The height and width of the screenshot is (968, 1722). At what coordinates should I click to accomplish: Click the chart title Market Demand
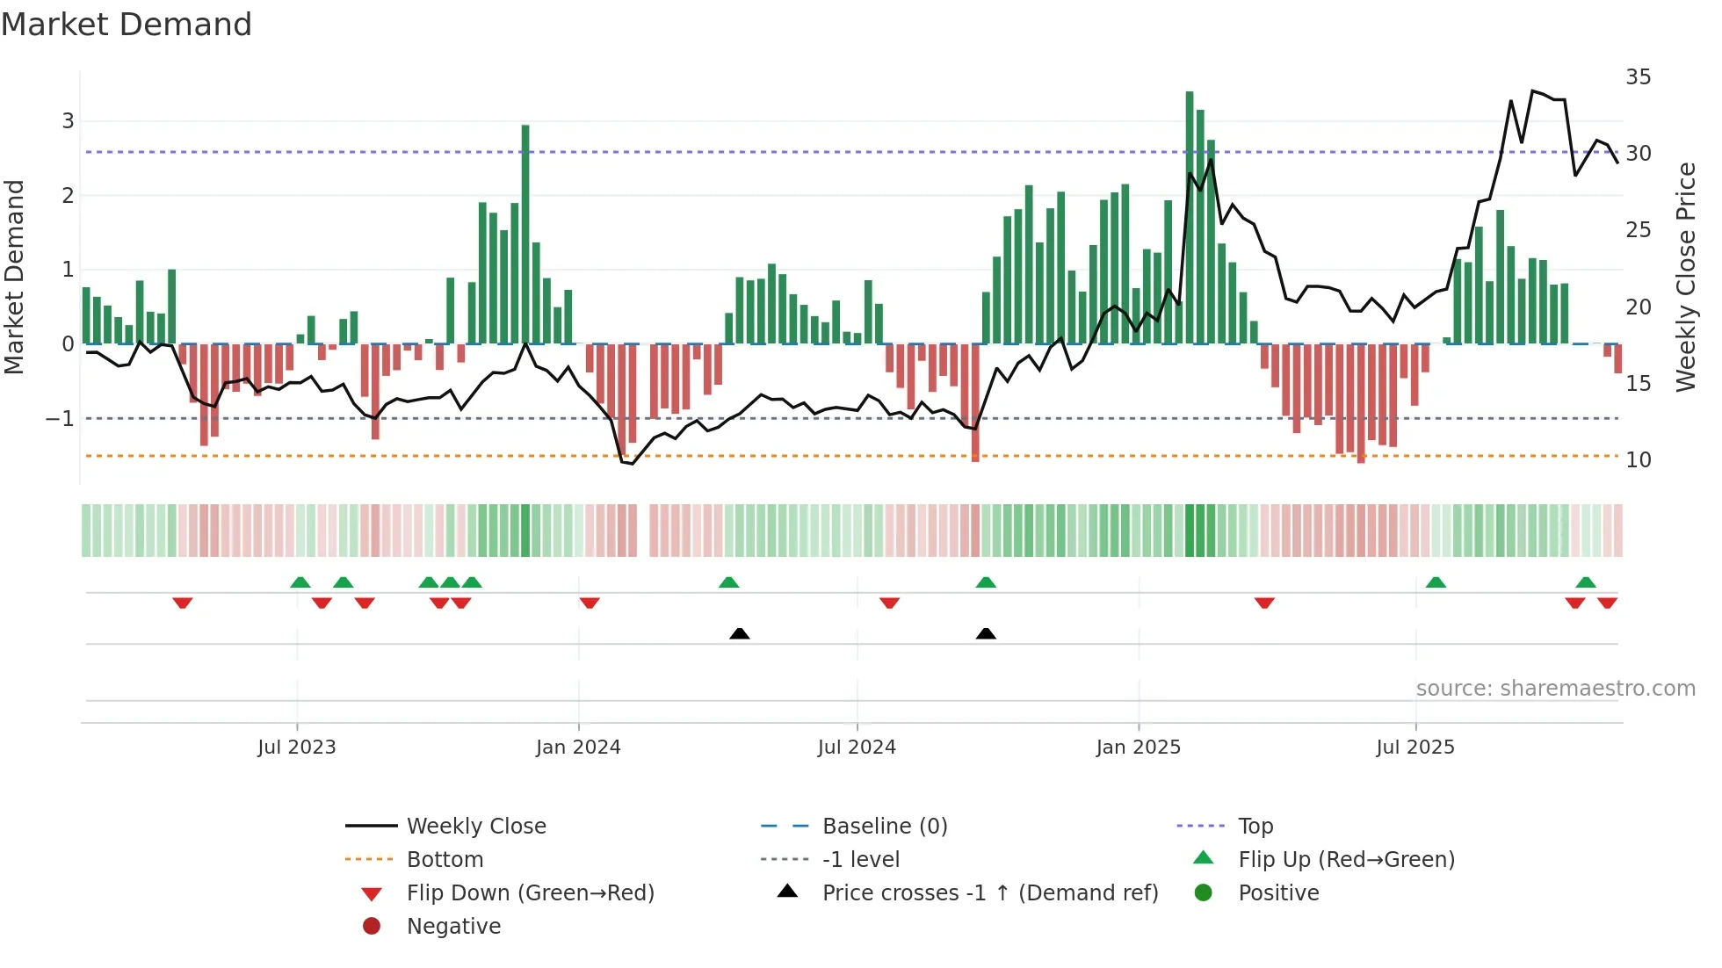click(127, 25)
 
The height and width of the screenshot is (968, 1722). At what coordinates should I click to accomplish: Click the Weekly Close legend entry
click(475, 826)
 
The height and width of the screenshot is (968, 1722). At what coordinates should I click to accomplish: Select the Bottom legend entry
click(445, 859)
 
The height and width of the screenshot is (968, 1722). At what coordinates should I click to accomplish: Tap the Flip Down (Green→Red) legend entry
click(530, 892)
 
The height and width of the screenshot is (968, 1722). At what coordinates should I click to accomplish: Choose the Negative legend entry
click(453, 926)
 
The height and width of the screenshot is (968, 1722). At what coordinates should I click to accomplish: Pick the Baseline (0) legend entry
click(884, 826)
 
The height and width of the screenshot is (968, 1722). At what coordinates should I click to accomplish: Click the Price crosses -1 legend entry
click(989, 892)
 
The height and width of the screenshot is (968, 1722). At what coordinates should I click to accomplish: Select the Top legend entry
click(1255, 826)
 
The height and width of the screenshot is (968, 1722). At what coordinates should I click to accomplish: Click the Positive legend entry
click(1277, 892)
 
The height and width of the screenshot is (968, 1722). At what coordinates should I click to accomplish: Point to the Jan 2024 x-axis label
click(578, 748)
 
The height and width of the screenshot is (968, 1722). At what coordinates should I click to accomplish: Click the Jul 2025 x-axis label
click(1414, 748)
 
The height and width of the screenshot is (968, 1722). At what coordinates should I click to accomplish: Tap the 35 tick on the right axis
click(1638, 77)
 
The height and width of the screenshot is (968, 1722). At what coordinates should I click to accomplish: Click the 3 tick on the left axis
click(68, 120)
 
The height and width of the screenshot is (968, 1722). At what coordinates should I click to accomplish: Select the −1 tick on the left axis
click(60, 418)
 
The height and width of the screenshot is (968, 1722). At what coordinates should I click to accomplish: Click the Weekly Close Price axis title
click(1685, 277)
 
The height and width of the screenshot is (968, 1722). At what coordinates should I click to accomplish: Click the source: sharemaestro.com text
click(1555, 688)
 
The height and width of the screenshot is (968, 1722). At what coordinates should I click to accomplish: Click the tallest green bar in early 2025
click(1190, 220)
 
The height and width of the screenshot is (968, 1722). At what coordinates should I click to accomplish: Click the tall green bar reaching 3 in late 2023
click(525, 237)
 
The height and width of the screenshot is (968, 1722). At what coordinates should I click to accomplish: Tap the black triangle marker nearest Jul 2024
click(740, 633)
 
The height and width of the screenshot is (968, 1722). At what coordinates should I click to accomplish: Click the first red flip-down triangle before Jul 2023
click(183, 603)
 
